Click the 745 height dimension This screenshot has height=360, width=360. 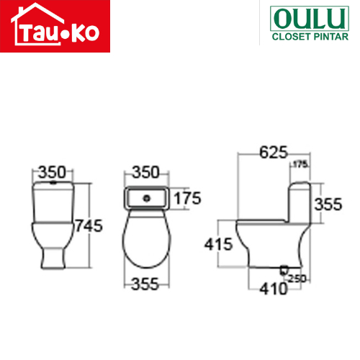pos(89,226)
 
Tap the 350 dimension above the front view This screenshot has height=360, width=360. pos(52,172)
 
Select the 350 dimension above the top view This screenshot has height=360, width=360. pos(146,172)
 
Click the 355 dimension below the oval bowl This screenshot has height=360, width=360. pos(145,284)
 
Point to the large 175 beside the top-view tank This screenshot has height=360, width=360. pos(187,198)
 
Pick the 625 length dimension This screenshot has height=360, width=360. pos(274,152)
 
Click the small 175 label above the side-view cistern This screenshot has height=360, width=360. pos(300,164)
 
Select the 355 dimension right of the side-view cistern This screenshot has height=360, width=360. pos(328,204)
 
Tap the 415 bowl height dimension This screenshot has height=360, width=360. pos(218,245)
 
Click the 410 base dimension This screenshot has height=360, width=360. pos(274,289)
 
